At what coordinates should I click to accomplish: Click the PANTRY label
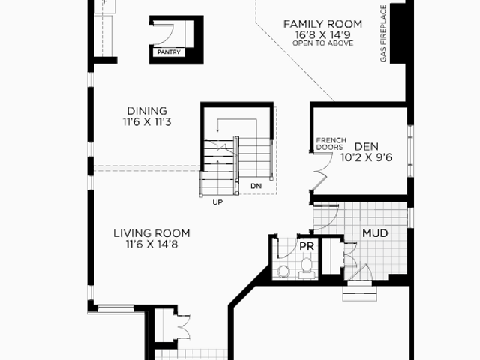(169, 52)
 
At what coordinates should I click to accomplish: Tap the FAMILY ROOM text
(323, 24)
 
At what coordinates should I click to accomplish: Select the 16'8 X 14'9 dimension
(323, 34)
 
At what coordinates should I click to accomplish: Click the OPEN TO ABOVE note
(323, 43)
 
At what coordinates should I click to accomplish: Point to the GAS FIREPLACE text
(383, 34)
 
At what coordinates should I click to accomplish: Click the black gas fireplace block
(397, 34)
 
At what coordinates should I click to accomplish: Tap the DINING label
(147, 111)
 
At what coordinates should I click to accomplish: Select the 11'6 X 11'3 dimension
(147, 121)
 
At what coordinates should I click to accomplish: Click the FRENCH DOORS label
(331, 144)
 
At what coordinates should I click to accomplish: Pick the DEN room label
(367, 147)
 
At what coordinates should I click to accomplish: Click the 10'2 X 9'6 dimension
(367, 157)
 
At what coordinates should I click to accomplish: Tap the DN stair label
(256, 186)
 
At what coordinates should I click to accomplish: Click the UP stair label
(217, 202)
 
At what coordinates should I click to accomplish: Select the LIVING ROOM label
(151, 233)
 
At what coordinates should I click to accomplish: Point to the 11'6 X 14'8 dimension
(151, 244)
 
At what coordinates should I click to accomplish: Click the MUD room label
(375, 233)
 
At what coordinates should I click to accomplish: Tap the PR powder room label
(307, 246)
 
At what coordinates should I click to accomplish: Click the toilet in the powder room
(307, 268)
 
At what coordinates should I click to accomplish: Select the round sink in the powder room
(283, 271)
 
